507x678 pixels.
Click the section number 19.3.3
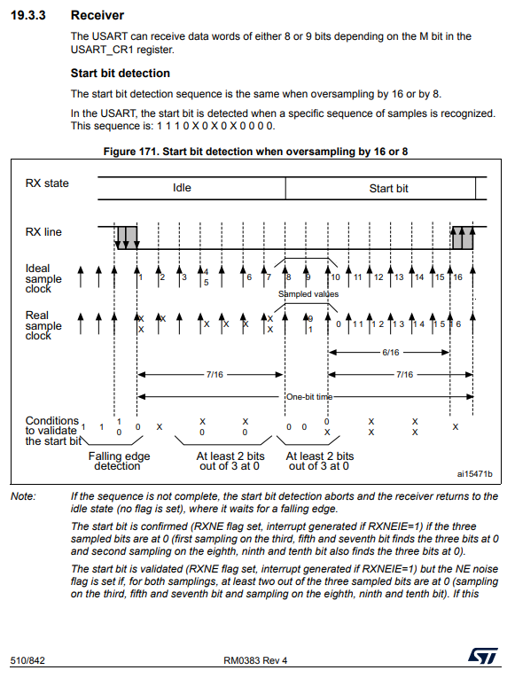[x=28, y=15]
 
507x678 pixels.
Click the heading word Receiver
[x=97, y=15]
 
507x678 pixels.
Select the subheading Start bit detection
[x=121, y=73]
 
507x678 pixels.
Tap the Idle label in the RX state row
[x=182, y=188]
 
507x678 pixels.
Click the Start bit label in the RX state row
[x=388, y=188]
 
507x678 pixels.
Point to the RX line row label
[x=43, y=232]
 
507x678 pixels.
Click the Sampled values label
[x=308, y=294]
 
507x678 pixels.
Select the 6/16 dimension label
[x=391, y=353]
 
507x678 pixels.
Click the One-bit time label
[x=309, y=397]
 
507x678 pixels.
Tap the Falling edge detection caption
[x=119, y=461]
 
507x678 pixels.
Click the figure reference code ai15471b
[x=474, y=474]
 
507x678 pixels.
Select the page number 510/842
[x=27, y=660]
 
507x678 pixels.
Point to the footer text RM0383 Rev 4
[x=255, y=660]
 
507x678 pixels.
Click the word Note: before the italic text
[x=23, y=496]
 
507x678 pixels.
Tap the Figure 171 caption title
[x=255, y=152]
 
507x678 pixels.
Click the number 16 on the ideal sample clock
[x=457, y=277]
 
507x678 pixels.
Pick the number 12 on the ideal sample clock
[x=378, y=277]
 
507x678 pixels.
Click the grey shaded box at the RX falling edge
[x=127, y=238]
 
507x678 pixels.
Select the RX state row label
[x=47, y=183]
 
